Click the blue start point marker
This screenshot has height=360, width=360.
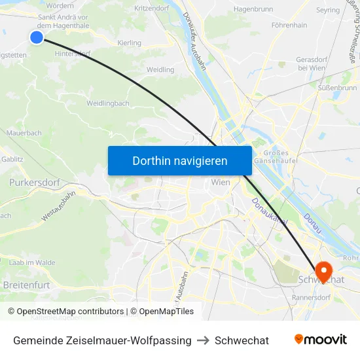(x=37, y=37)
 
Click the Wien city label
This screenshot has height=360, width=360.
(x=221, y=182)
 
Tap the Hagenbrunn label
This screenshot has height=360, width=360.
(x=253, y=9)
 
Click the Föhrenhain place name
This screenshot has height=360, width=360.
(x=289, y=26)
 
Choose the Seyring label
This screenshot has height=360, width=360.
(x=328, y=10)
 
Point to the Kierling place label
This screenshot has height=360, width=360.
(x=129, y=43)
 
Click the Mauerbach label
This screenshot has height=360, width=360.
(x=24, y=133)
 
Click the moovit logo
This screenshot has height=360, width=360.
(x=321, y=340)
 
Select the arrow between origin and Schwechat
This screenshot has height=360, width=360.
(x=203, y=340)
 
